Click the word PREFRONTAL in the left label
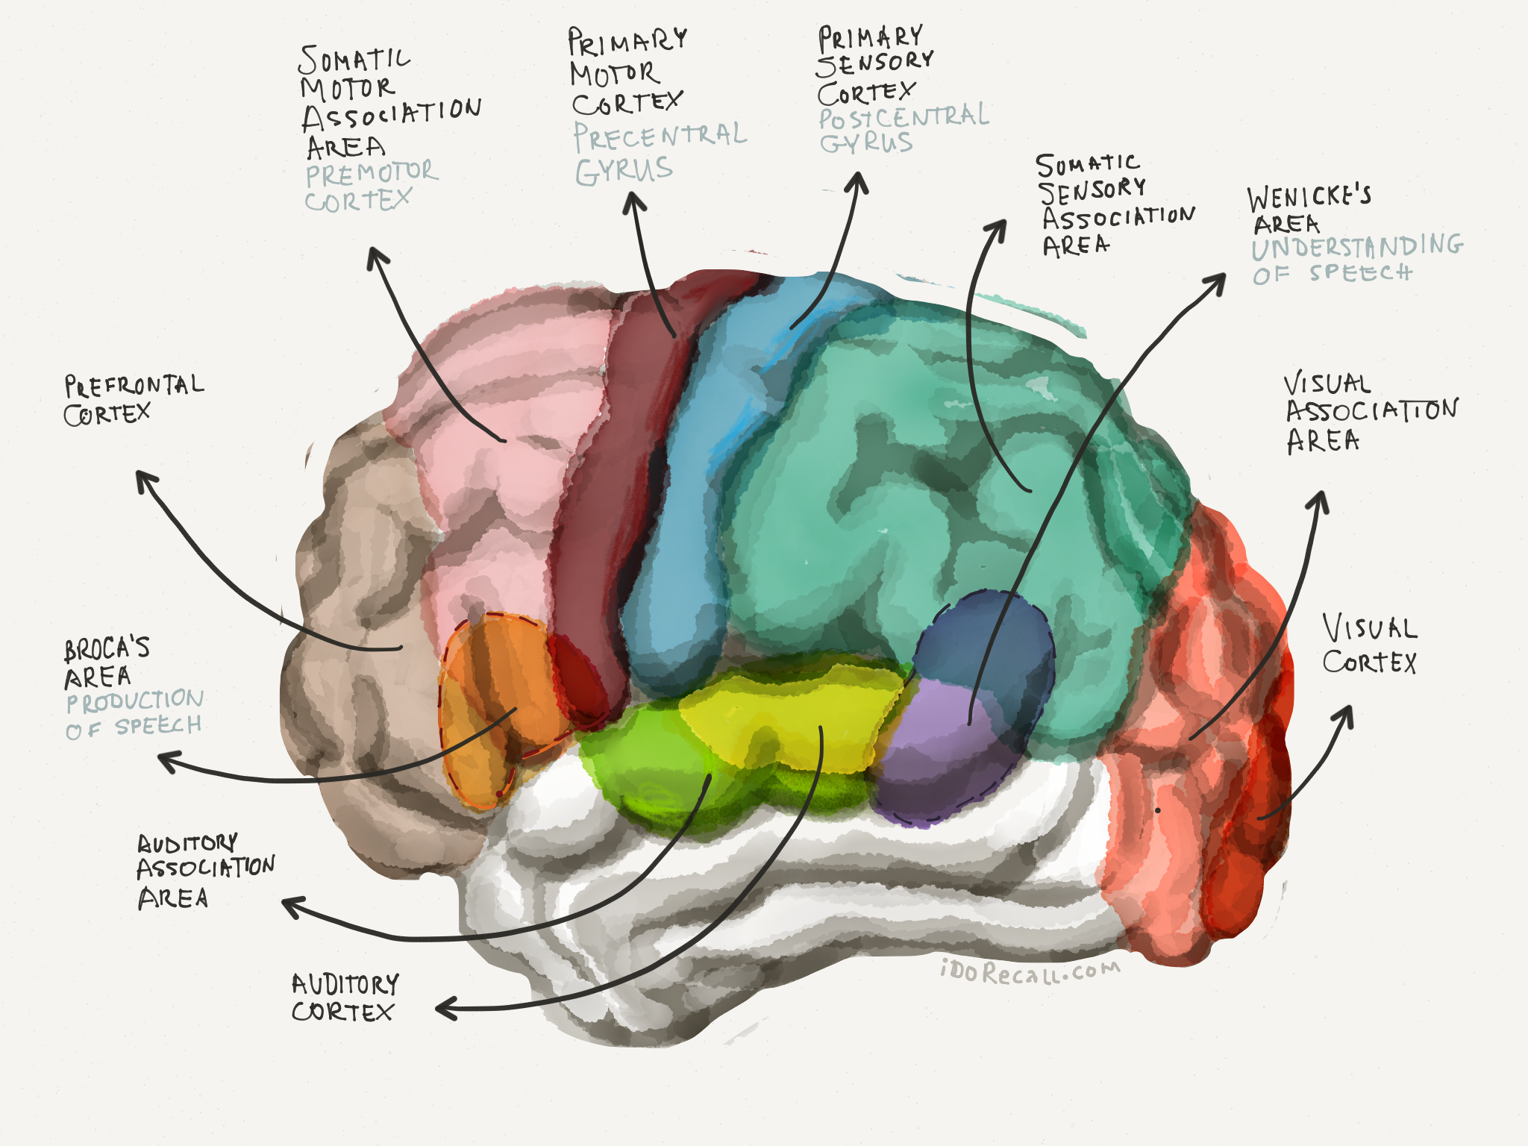tap(134, 385)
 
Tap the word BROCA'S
tap(107, 649)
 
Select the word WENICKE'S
tap(1309, 197)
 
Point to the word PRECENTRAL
tap(660, 136)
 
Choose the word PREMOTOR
tap(371, 174)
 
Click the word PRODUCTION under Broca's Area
tap(135, 701)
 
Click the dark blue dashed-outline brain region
tap(985, 642)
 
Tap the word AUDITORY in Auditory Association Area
tap(187, 843)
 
